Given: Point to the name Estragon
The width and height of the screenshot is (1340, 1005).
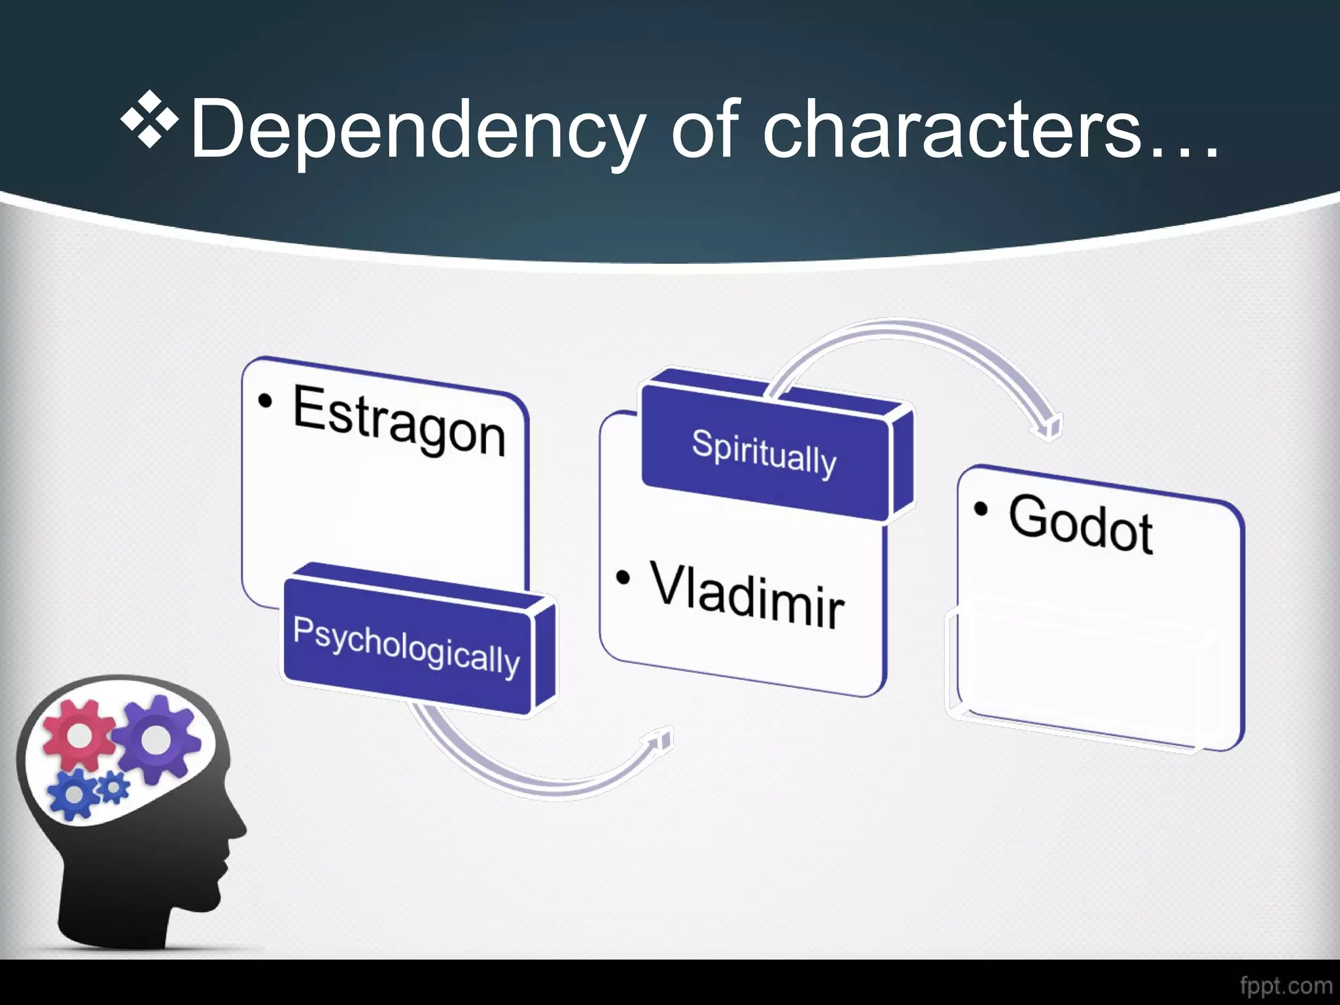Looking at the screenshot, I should pyautogui.click(x=399, y=419).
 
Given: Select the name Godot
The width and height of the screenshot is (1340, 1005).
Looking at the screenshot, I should pyautogui.click(x=1080, y=523).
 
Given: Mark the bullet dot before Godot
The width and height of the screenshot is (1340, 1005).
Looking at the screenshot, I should pyautogui.click(x=980, y=509).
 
